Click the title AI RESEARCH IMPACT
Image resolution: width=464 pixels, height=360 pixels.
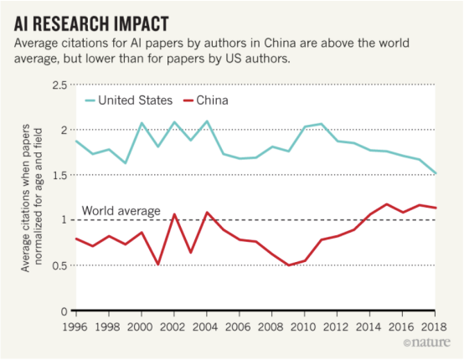pos(91,23)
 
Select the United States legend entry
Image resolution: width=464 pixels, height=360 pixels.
pos(129,100)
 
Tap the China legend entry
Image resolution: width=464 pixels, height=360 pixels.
pos(206,100)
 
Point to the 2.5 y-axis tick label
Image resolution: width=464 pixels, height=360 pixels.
pos(59,85)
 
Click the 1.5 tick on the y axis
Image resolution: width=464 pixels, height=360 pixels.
pos(59,175)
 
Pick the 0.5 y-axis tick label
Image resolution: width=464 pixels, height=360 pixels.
pos(59,265)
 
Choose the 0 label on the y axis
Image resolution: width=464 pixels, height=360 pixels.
pos(64,311)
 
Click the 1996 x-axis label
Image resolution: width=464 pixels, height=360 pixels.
pos(75,327)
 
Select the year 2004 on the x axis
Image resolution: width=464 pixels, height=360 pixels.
pos(205,327)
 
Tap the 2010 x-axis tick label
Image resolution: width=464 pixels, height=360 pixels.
pos(303,327)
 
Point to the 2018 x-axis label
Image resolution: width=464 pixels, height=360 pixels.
pos(434,327)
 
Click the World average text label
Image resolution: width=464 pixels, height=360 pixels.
pos(121,211)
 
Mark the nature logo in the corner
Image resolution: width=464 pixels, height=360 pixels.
pos(427,342)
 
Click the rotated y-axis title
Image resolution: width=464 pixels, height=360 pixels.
pos(32,198)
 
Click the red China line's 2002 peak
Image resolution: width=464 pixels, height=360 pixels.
pos(174,213)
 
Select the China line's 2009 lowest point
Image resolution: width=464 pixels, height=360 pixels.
pos(288,265)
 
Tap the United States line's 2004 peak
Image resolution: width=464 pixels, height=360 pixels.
pos(207,121)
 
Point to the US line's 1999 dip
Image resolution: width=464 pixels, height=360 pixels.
pos(126,163)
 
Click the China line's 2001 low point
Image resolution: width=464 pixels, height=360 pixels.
pos(158,265)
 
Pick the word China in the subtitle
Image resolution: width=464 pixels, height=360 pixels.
pos(280,43)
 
